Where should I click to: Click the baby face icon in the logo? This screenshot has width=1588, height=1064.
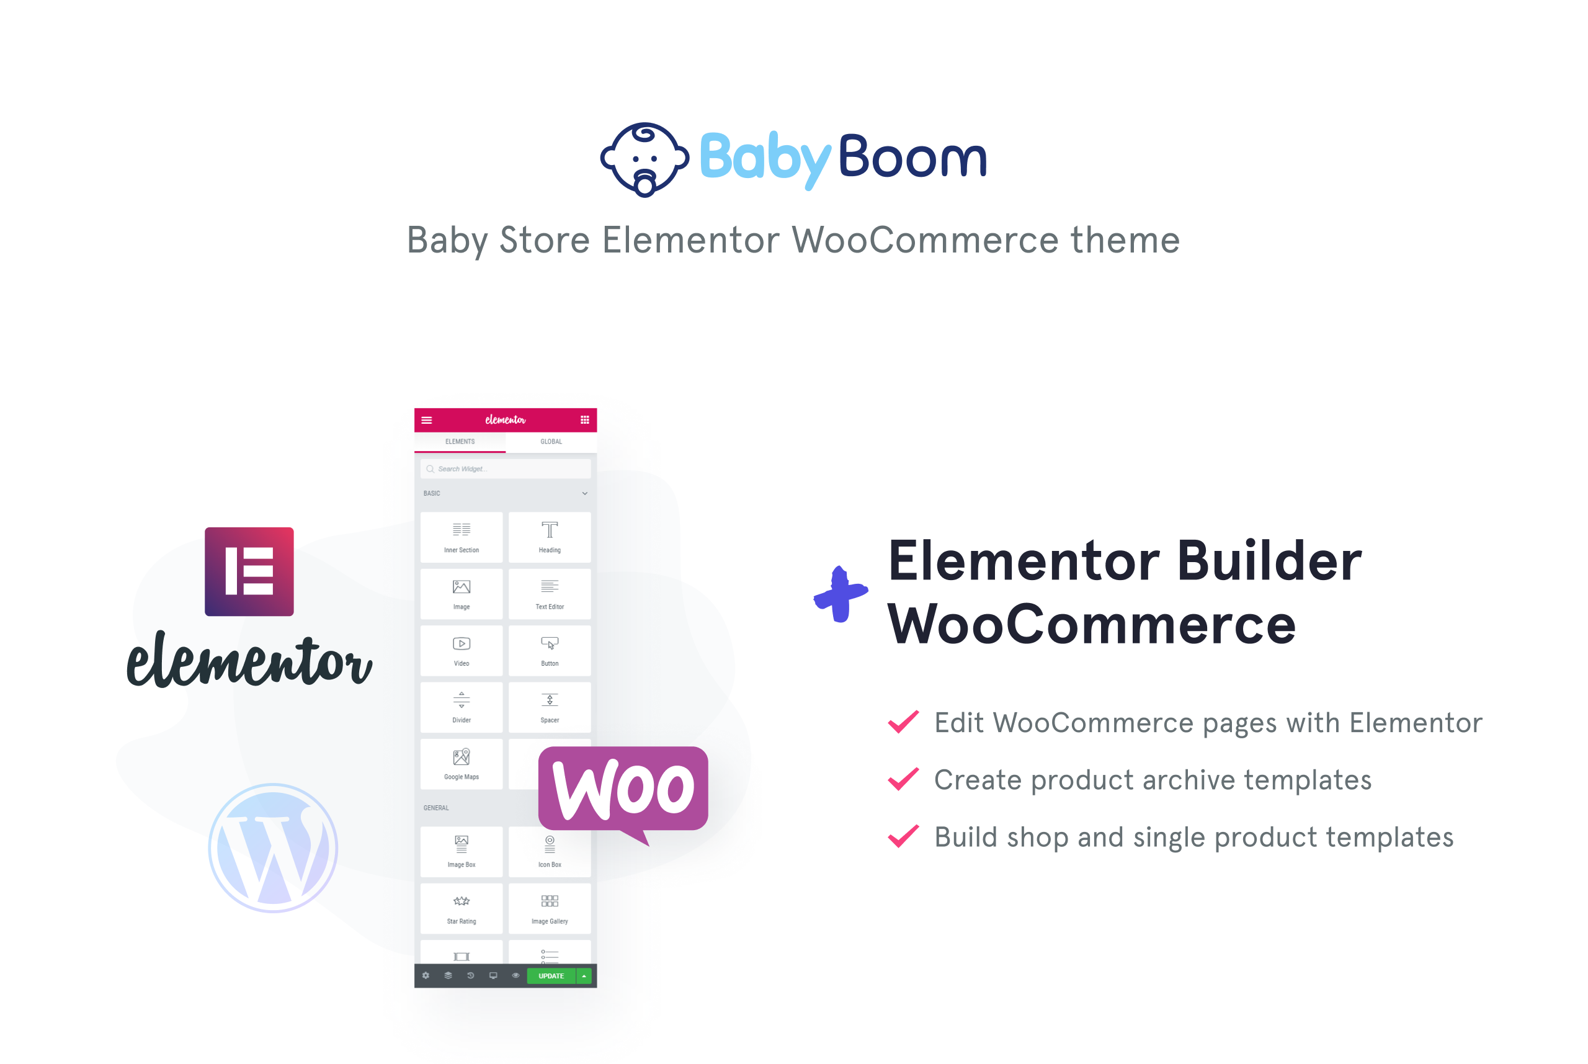pos(645,159)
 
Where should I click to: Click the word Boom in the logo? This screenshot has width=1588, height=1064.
pos(912,157)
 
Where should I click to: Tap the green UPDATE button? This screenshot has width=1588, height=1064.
pos(551,976)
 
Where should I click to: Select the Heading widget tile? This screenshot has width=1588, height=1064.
pos(550,537)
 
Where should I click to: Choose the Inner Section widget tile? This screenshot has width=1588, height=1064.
pos(462,537)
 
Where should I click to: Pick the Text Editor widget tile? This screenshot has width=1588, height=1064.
pos(550,594)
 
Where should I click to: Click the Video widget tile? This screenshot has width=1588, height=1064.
pos(462,650)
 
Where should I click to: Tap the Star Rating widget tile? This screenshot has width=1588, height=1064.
pos(462,908)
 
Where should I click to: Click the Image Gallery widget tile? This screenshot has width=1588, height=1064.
pos(550,908)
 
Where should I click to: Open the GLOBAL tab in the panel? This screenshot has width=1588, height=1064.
pos(551,442)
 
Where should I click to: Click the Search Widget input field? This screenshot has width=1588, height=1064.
pos(506,469)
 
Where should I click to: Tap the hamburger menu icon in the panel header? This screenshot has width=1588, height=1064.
pos(427,420)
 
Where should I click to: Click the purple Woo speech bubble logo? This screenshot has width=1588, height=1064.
pos(623,791)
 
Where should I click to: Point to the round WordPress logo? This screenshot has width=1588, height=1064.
pos(273,847)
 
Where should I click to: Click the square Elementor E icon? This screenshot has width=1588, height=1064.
pos(249,571)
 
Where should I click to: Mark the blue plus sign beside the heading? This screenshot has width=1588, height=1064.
pos(841,594)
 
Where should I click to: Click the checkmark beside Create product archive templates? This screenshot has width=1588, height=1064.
pos(903,779)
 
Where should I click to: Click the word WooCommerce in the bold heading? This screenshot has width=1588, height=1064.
pos(1092,624)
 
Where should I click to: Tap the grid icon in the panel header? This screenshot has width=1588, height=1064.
pos(585,420)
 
